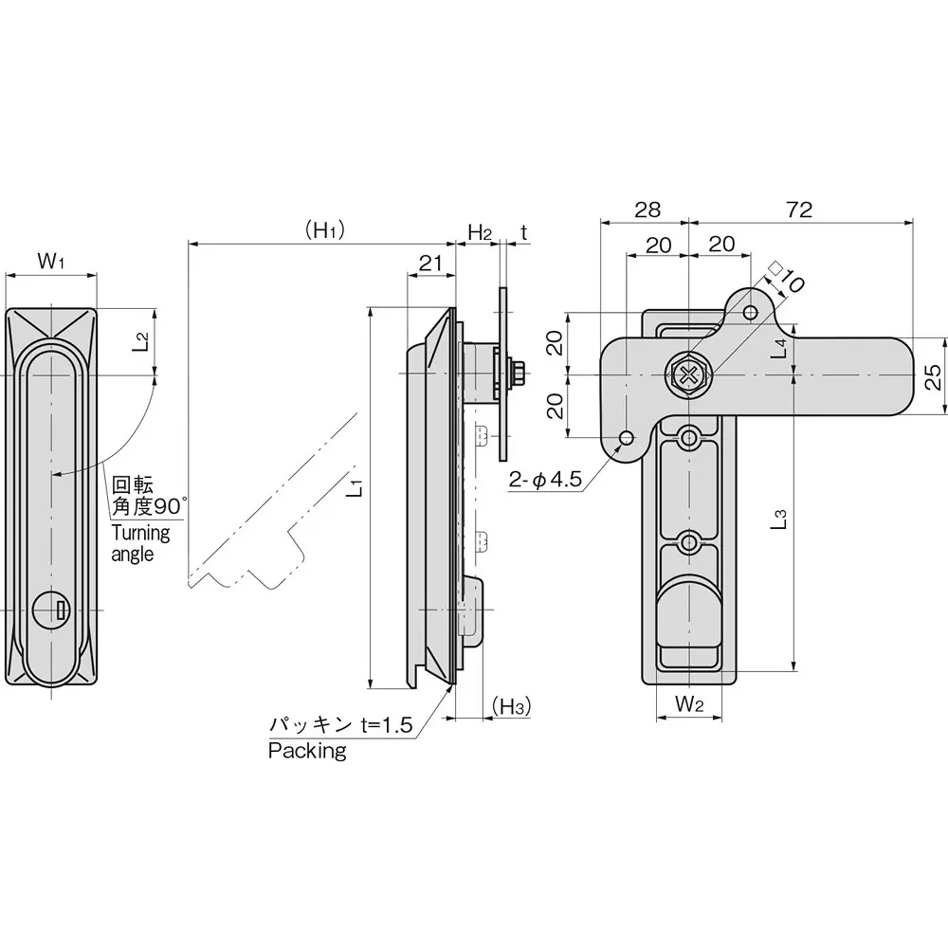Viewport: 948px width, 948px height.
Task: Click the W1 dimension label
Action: pyautogui.click(x=50, y=261)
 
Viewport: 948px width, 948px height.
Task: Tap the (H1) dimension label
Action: pyautogui.click(x=323, y=230)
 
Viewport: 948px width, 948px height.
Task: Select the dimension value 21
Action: pyautogui.click(x=430, y=264)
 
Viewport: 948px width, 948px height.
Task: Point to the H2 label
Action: pyautogui.click(x=480, y=231)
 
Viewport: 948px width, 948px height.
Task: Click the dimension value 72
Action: pyautogui.click(x=799, y=210)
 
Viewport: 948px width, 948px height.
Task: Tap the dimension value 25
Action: pyautogui.click(x=933, y=376)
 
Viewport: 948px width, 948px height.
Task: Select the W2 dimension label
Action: pyautogui.click(x=689, y=703)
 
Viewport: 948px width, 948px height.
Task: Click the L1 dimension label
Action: pyautogui.click(x=354, y=490)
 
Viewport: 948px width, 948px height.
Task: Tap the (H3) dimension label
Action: pyautogui.click(x=511, y=705)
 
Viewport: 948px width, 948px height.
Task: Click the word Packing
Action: pyautogui.click(x=307, y=752)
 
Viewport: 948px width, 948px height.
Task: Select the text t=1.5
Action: pyautogui.click(x=387, y=726)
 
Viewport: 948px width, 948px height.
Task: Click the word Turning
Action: pyautogui.click(x=140, y=533)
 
